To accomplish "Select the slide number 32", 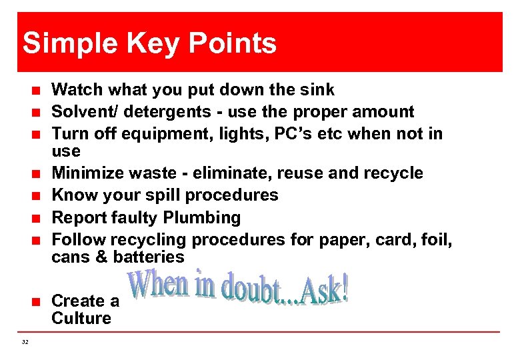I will [x=25, y=342].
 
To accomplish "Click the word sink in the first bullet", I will [x=317, y=90].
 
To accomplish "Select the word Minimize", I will [x=85, y=173].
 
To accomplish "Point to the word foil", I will [x=437, y=239].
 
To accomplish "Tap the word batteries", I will [x=149, y=257].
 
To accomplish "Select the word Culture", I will [x=81, y=319].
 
